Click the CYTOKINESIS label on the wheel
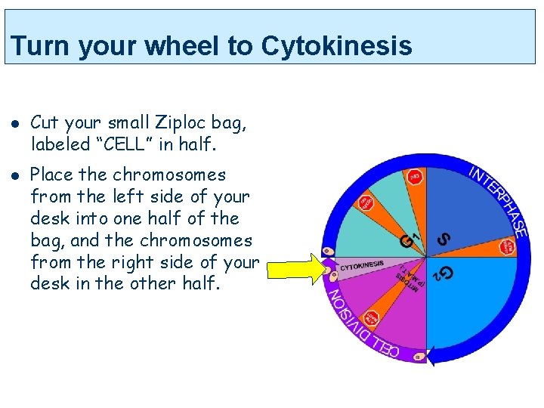click(361, 265)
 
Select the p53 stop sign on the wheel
click(415, 178)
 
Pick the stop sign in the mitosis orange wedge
click(371, 318)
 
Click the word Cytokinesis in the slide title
click(336, 46)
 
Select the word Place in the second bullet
click(51, 175)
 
